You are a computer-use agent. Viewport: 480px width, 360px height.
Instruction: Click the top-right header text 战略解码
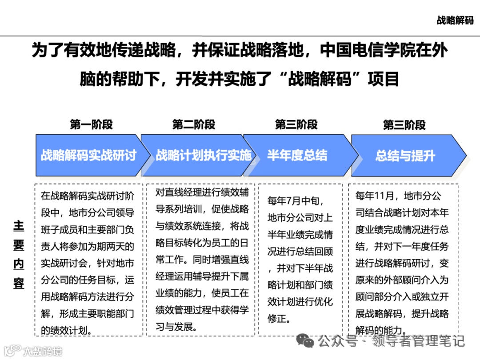coord(455,20)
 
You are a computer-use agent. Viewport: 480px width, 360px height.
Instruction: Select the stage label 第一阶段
coord(91,125)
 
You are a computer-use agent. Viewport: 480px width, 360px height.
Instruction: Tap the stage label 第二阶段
coord(194,125)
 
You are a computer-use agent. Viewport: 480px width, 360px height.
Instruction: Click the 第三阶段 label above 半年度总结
coord(296,125)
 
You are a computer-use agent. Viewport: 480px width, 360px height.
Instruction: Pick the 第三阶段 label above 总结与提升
coord(404,125)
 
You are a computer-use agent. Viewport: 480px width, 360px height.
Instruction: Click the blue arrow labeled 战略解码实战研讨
coord(89,156)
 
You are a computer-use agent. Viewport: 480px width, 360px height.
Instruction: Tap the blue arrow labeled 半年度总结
coord(297,156)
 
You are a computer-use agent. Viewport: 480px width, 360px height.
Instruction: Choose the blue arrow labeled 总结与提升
coord(405,156)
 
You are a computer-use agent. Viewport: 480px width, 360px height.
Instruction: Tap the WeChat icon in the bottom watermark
coord(305,340)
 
